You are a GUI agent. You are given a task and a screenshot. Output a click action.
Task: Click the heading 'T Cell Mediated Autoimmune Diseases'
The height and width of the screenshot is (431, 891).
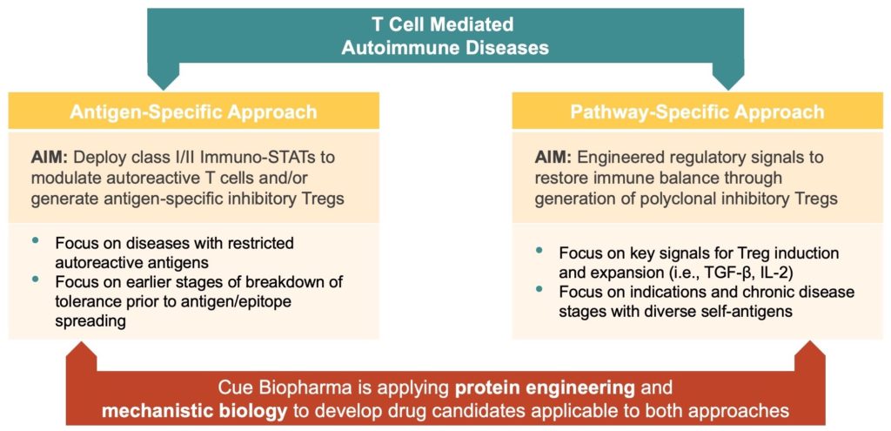(x=445, y=36)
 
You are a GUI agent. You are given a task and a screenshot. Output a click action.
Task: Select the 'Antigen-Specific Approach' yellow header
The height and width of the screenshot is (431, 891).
(x=193, y=111)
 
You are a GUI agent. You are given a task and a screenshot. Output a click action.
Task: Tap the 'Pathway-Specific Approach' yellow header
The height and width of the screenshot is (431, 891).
(x=697, y=111)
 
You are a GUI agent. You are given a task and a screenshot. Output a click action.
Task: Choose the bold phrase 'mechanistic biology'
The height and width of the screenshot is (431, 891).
(x=194, y=410)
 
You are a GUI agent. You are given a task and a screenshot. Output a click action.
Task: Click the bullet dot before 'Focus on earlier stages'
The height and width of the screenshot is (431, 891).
(x=36, y=279)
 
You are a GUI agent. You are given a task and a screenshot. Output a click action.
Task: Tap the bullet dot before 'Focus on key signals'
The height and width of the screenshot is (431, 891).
(x=539, y=250)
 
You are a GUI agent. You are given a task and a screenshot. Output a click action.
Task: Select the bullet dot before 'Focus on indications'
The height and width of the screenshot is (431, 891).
(x=539, y=289)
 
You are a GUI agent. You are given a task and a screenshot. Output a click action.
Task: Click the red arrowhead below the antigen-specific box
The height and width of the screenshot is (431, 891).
(x=83, y=355)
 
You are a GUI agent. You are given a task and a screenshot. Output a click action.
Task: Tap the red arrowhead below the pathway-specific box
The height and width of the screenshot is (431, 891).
(x=808, y=355)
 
